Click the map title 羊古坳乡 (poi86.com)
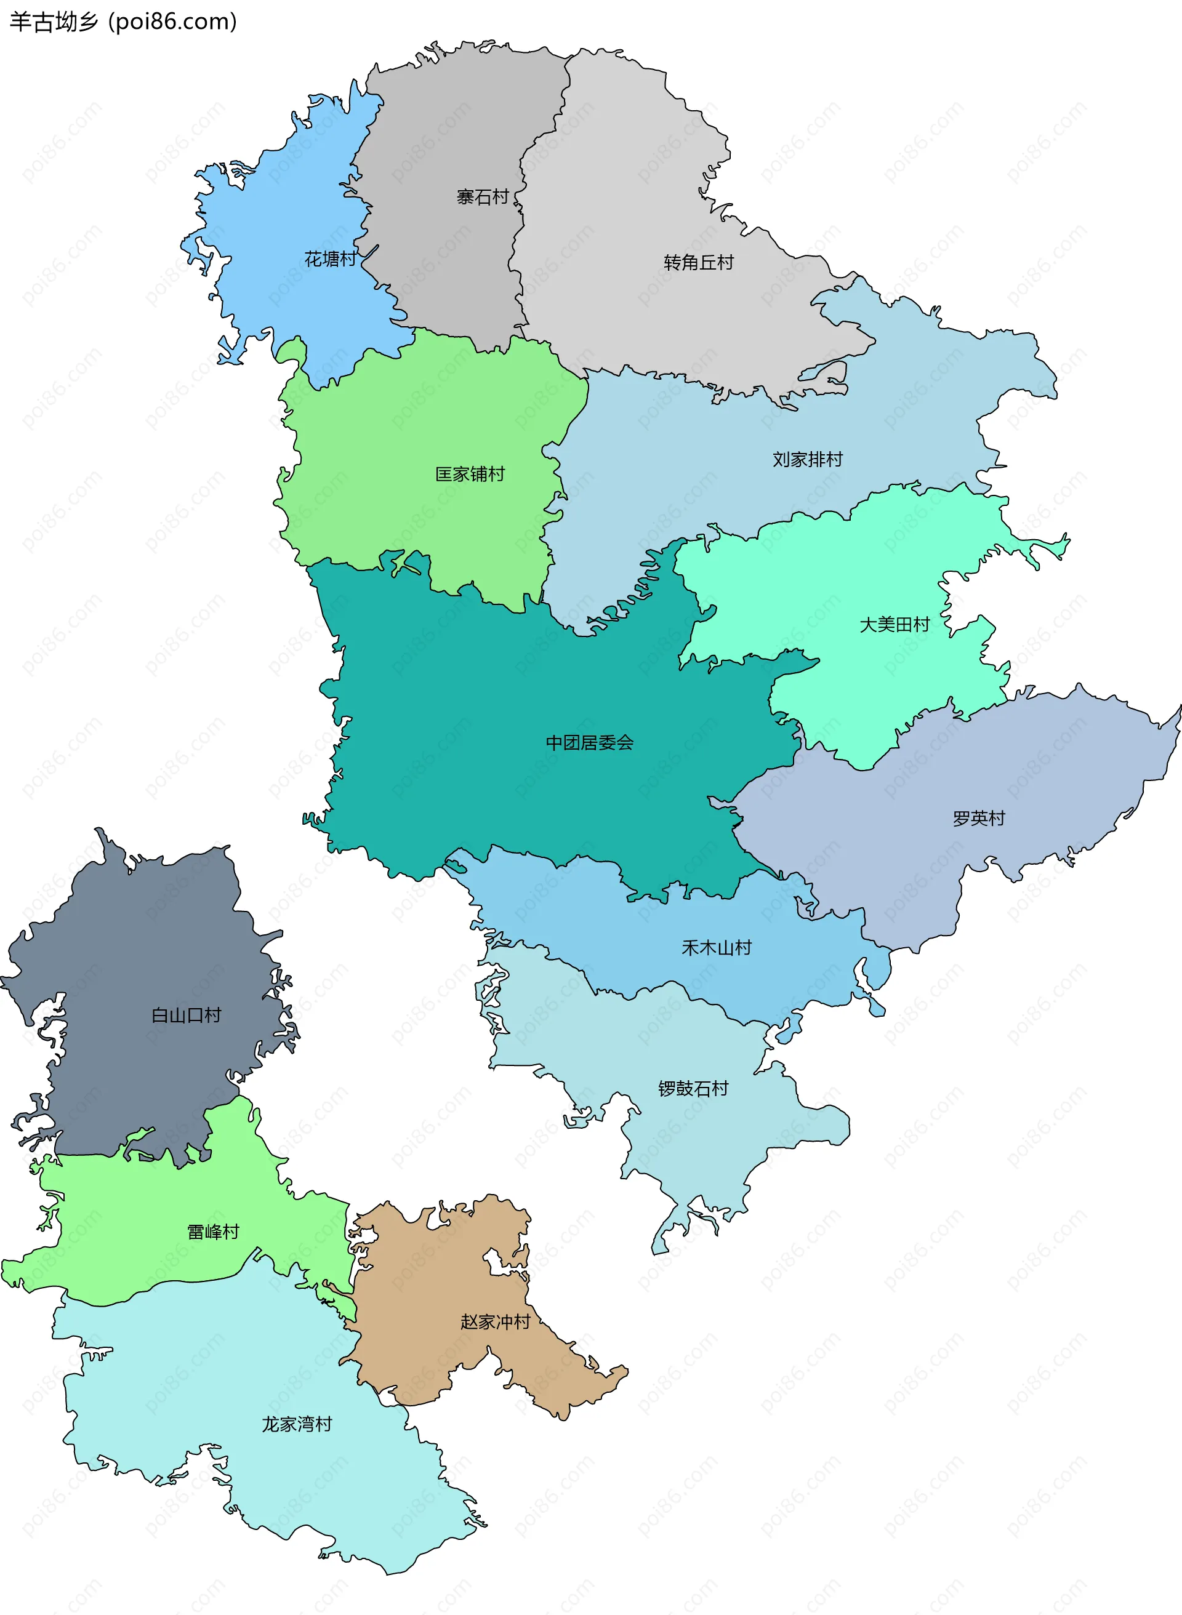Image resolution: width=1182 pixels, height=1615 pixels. coord(123,22)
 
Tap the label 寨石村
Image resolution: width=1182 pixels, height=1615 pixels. coord(482,197)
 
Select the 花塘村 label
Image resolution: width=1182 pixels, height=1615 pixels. coord(330,259)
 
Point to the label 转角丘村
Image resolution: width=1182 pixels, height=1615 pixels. coord(698,262)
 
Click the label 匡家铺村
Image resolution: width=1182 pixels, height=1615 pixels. coord(470,473)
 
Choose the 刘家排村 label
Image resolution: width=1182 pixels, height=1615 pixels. coord(807,459)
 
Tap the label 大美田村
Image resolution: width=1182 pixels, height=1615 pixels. coord(894,625)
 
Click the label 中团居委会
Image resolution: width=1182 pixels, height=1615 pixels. coord(590,742)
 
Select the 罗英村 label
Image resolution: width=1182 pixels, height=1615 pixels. coord(978,818)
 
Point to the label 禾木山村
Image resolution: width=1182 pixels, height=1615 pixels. coord(716,948)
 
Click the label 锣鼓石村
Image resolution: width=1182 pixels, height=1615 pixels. coord(693,1088)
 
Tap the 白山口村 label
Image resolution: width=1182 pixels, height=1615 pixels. coord(186,1015)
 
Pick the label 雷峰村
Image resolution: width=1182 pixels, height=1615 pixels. coord(212,1232)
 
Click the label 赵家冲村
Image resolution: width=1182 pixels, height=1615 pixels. coord(495,1322)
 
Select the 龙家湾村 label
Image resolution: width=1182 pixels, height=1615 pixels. coord(297,1424)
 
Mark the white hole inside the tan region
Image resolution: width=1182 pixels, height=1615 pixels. coord(493,1262)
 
